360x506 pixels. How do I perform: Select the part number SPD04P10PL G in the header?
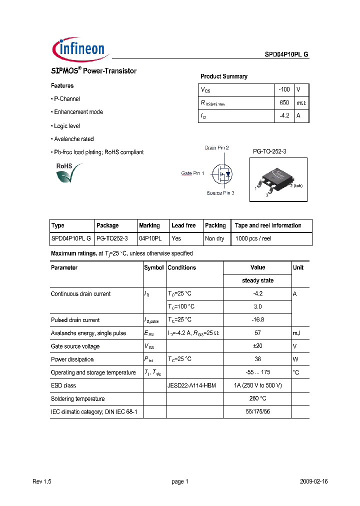click(286, 55)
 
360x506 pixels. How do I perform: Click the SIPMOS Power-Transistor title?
click(93, 71)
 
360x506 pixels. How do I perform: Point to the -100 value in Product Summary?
click(284, 89)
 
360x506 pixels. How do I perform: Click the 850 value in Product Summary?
click(284, 102)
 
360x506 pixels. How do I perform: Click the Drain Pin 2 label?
click(216, 148)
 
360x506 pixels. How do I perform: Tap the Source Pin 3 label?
click(220, 193)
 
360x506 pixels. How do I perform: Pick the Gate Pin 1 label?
click(192, 173)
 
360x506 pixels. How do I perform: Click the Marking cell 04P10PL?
click(150, 239)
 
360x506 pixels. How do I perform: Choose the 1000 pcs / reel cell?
click(253, 239)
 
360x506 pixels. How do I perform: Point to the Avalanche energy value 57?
click(257, 333)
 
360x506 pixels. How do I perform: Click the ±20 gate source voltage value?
click(257, 346)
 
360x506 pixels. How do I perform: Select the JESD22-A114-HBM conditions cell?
click(191, 385)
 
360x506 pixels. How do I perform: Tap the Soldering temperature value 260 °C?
click(257, 398)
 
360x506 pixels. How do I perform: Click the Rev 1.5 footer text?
click(42, 481)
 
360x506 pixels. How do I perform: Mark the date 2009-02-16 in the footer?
click(313, 481)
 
